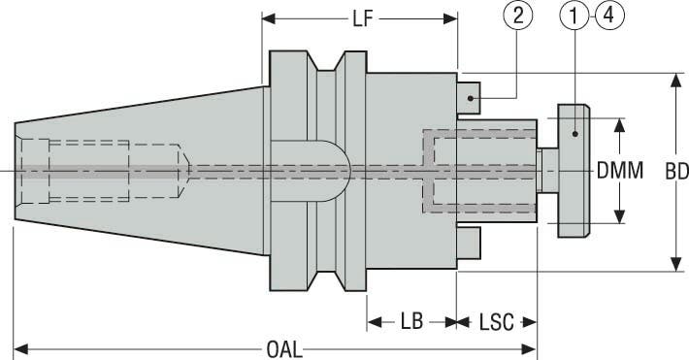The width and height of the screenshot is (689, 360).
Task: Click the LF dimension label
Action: (360, 18)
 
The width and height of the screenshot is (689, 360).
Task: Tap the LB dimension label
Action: (411, 321)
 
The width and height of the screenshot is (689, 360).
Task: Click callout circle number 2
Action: (517, 16)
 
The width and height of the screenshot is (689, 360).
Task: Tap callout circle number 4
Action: (607, 16)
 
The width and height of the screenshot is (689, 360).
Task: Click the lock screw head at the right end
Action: (573, 171)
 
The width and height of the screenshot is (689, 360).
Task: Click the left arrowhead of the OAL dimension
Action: (21, 347)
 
